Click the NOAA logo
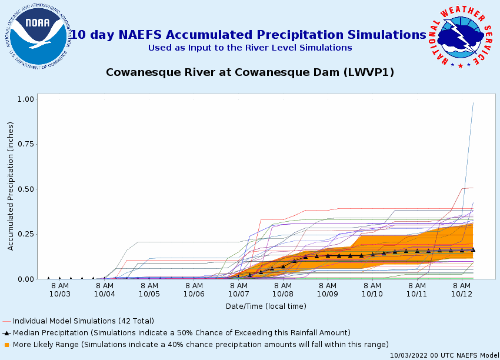[x=38, y=36]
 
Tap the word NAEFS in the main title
[x=141, y=35]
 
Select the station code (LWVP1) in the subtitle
[x=369, y=72]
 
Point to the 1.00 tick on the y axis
[x=25, y=99]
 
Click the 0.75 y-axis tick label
[x=25, y=144]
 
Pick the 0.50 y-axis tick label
[x=25, y=189]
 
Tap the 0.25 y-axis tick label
[x=25, y=234]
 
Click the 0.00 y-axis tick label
[x=25, y=279]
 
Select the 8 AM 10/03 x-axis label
[x=59, y=289]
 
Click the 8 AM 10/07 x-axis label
[x=238, y=289]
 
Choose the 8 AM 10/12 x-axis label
[x=462, y=289]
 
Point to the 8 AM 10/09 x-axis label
[x=328, y=289]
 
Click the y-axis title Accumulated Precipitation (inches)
[x=11, y=186]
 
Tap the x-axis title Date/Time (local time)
[x=266, y=306]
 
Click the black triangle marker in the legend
[x=6, y=333]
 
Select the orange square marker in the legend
[x=6, y=345]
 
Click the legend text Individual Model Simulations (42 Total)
[x=84, y=321]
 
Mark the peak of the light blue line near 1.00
[x=473, y=103]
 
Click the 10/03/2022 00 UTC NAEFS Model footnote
[x=445, y=355]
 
